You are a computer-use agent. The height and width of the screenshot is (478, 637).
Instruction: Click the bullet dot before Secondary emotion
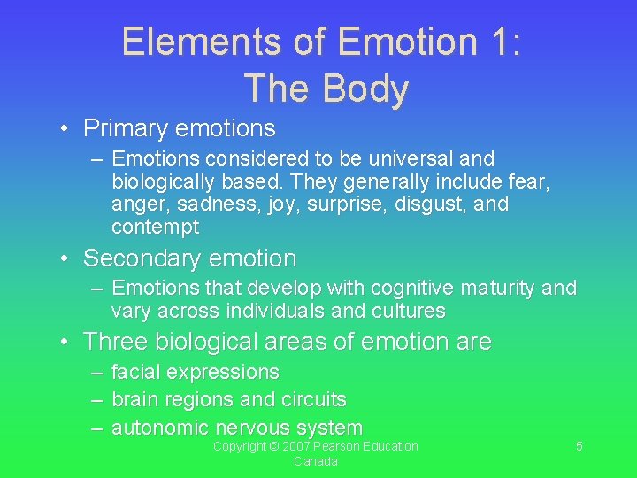point(65,259)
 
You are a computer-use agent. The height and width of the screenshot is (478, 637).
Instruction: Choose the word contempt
point(155,227)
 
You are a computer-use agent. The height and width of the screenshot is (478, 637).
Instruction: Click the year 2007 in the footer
point(291,447)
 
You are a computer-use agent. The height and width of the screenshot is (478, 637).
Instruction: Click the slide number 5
point(579,447)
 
